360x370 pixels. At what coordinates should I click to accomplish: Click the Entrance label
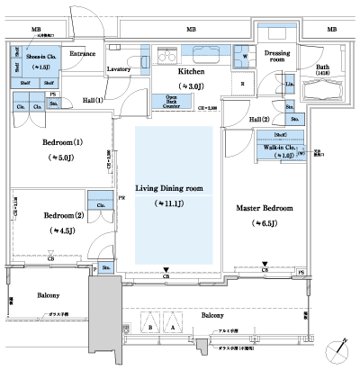[83, 55]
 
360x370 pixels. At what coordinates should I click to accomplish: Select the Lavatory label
[120, 68]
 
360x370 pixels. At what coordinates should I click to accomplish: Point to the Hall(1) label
[94, 100]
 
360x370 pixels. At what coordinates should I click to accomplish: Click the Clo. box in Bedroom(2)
[99, 204]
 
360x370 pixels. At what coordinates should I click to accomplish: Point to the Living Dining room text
[168, 188]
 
